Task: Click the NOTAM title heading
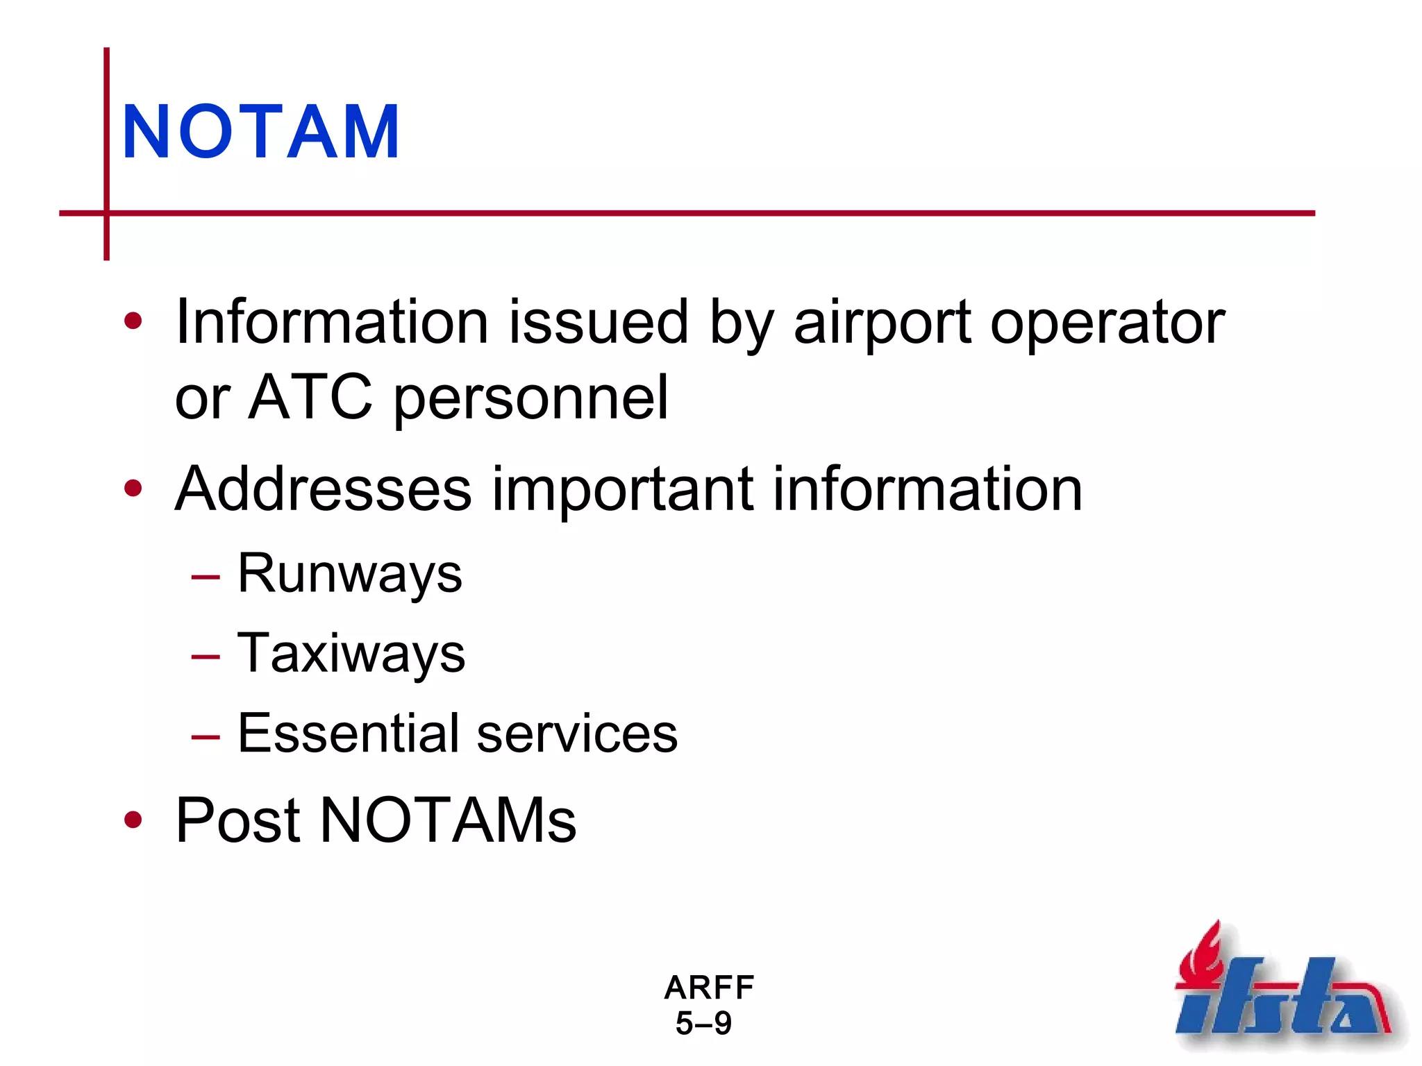pos(261,132)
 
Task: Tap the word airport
pos(882,323)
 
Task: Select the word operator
pos(1107,323)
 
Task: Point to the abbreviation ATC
pos(310,397)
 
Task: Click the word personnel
pos(530,398)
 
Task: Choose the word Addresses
pos(324,489)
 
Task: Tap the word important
pos(622,490)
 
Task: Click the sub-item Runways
pos(349,574)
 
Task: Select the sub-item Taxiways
pos(351,654)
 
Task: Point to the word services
pos(577,734)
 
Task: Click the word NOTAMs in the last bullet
pos(447,820)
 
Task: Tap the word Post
pos(237,820)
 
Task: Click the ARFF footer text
pos(709,988)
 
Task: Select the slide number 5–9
pos(703,1024)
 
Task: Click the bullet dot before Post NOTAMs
pos(133,820)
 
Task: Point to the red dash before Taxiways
pos(206,656)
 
